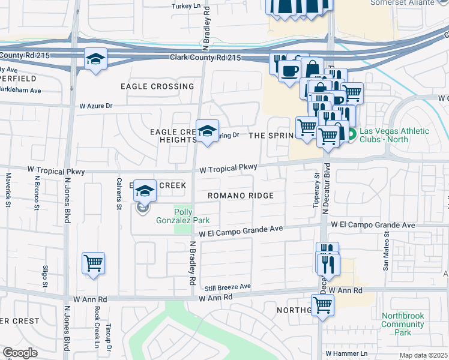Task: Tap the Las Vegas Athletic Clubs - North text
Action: [x=393, y=136]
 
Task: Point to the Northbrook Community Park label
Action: [x=403, y=324]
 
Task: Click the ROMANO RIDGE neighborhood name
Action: [x=241, y=196]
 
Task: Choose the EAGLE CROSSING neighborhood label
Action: [x=157, y=86]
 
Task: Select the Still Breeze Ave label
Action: [x=227, y=287]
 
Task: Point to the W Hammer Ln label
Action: [x=346, y=354]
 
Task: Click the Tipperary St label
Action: [x=316, y=191]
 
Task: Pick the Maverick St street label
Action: [x=8, y=190]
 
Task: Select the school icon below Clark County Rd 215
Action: [x=95, y=59]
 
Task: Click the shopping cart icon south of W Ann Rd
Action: [x=323, y=305]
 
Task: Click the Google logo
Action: [x=20, y=353]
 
